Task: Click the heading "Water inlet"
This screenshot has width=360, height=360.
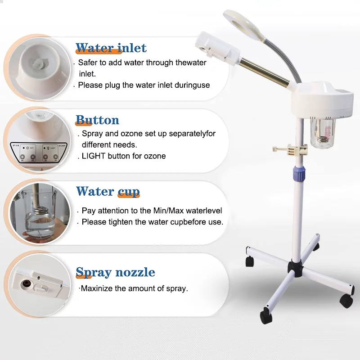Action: point(111,48)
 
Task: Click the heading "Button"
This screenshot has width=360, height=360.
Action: point(97,120)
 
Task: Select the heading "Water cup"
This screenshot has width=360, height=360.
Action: point(108,192)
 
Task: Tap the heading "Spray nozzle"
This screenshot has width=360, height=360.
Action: point(115,272)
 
